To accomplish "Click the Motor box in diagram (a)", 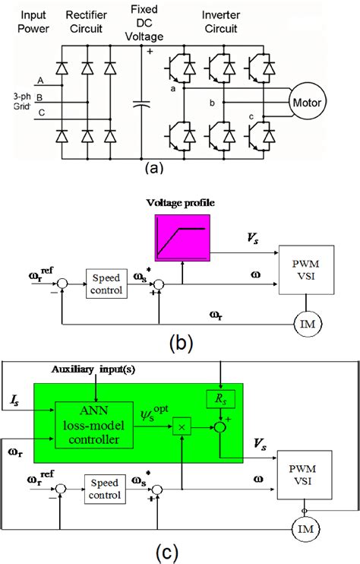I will click(309, 102).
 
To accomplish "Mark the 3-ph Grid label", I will click(17, 103).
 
